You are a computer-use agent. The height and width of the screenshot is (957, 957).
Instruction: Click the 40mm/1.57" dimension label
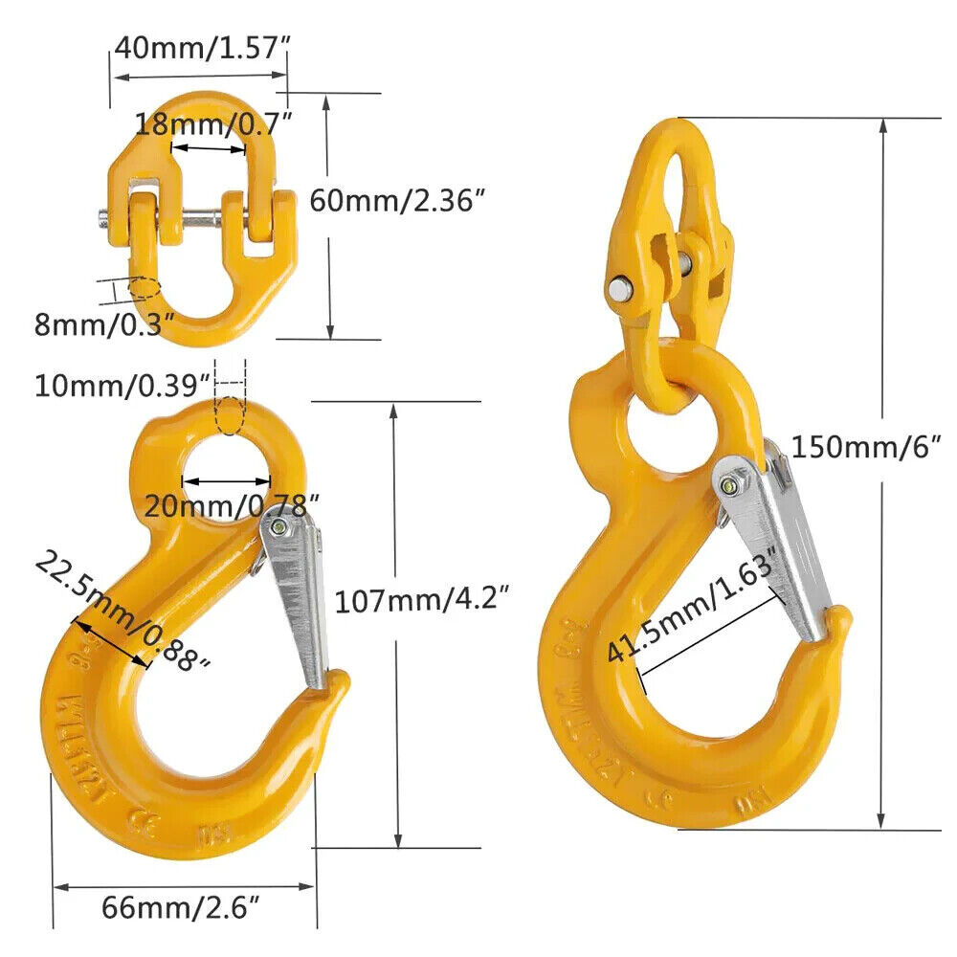[x=200, y=47]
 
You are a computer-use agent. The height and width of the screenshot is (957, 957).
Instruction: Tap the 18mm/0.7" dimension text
[x=212, y=122]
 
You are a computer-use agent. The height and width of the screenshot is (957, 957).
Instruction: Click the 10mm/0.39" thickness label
[x=122, y=386]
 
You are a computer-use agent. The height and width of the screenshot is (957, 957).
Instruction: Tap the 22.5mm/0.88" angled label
[x=122, y=613]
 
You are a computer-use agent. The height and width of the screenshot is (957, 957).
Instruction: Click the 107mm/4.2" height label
[x=420, y=601]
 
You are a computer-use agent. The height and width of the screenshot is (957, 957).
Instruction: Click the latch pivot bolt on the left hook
[x=278, y=528]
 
